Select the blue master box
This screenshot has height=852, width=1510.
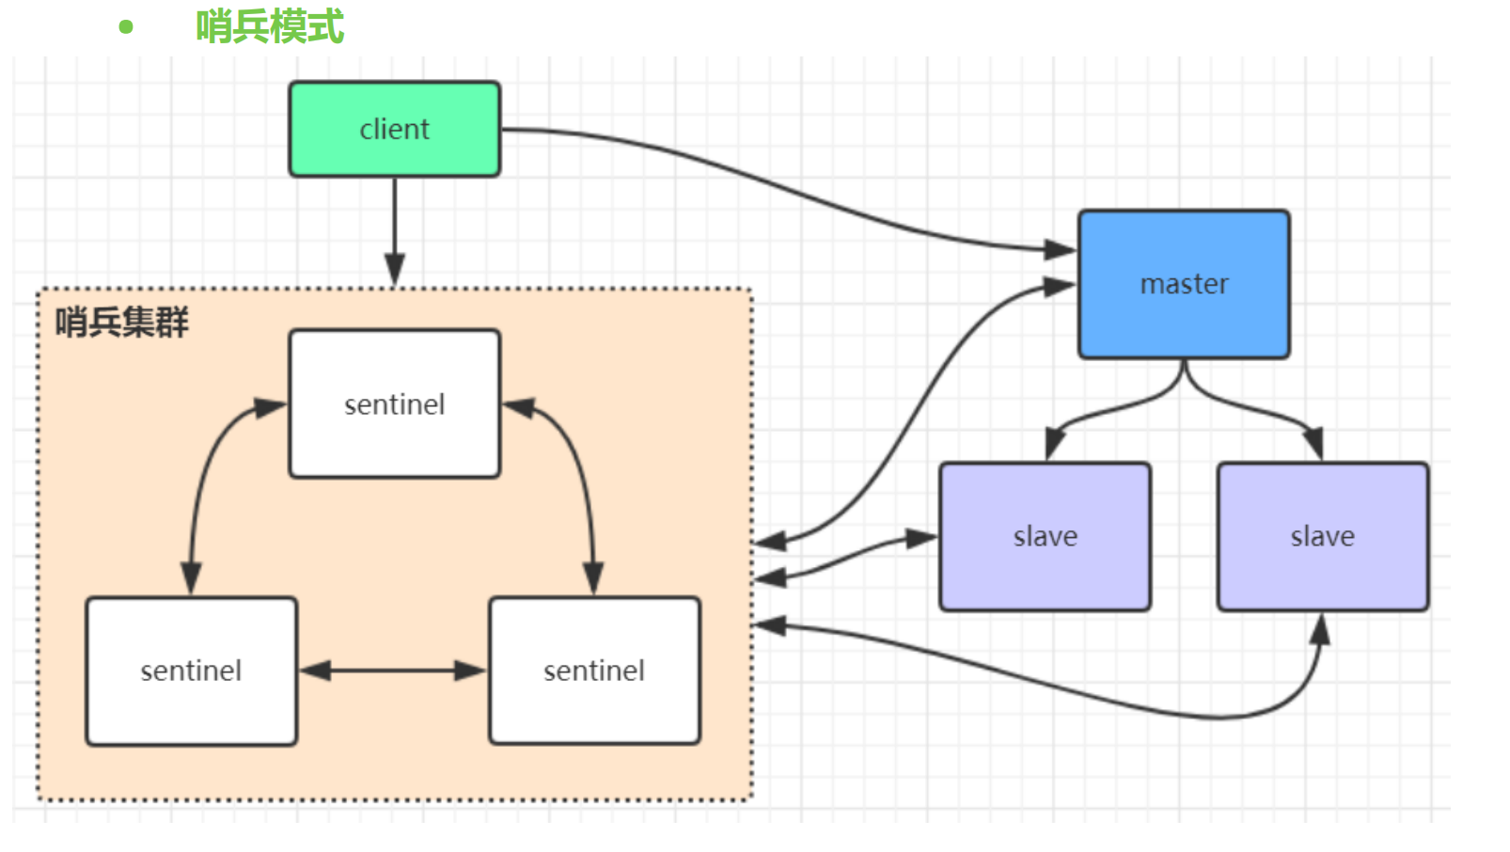(1184, 283)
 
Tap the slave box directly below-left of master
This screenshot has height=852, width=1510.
(1045, 536)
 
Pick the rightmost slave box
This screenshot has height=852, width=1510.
(1322, 536)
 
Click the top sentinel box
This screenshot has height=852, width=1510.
(394, 403)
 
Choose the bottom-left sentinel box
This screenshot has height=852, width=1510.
(191, 671)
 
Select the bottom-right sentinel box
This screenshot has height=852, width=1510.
(594, 671)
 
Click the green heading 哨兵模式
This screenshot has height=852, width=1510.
(270, 26)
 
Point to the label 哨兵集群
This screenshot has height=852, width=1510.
(121, 323)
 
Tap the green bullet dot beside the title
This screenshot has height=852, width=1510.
(126, 27)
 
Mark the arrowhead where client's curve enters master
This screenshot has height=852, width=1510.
(1060, 249)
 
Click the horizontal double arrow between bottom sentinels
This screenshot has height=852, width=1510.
(393, 671)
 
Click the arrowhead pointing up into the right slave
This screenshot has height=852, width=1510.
(1320, 630)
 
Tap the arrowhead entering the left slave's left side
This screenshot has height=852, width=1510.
(920, 539)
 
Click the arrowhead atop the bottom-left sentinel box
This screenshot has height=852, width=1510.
(191, 578)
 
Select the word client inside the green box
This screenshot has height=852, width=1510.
(394, 129)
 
